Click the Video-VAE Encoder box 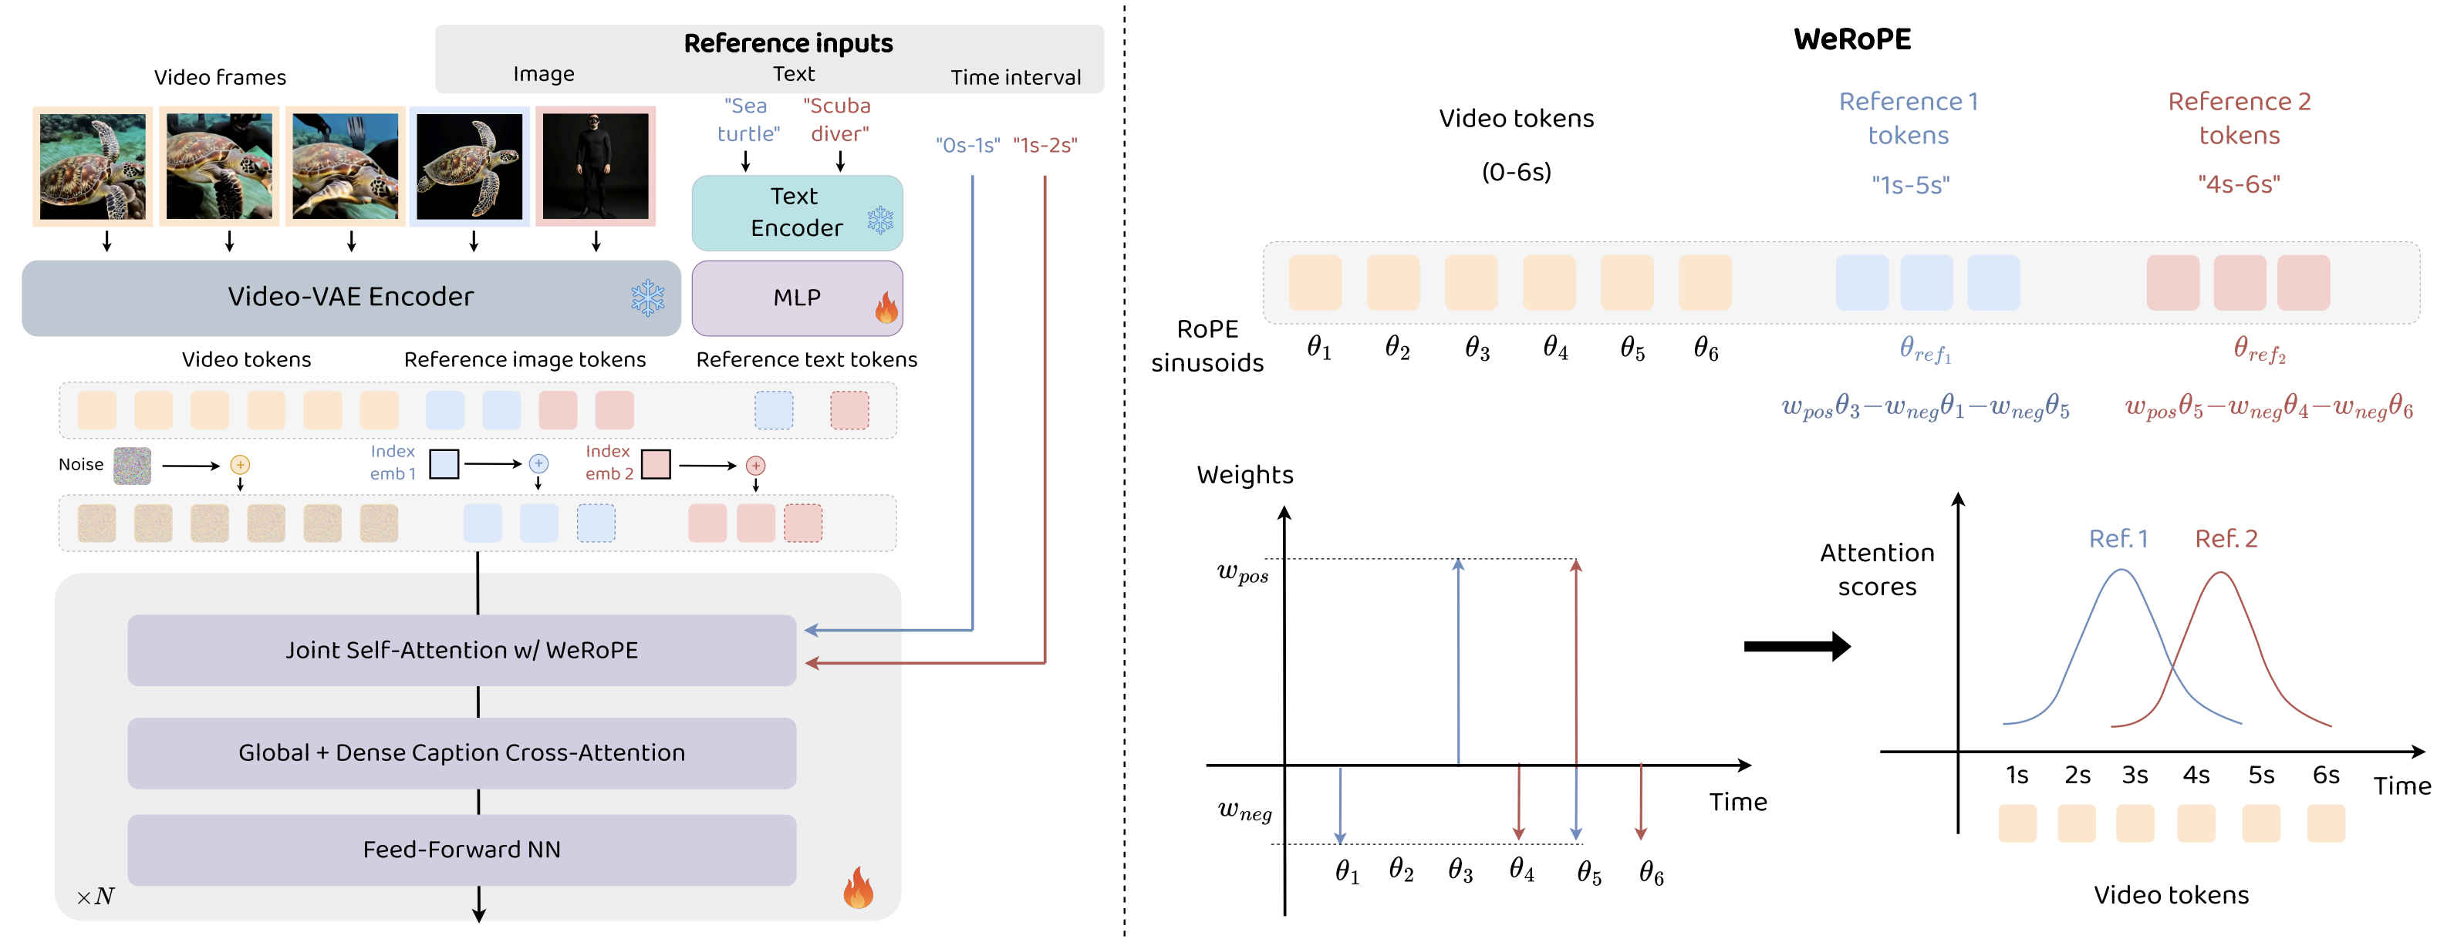[x=351, y=298]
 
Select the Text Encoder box [x=796, y=212]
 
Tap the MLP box [x=796, y=298]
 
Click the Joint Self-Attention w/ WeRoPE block [x=461, y=650]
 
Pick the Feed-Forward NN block [x=461, y=849]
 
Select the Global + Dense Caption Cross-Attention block [x=461, y=752]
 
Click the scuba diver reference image [x=595, y=167]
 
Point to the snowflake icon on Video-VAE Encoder [x=647, y=298]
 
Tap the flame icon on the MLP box [x=886, y=308]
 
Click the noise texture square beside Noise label [x=132, y=466]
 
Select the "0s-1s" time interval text [x=967, y=146]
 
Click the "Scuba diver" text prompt [x=838, y=119]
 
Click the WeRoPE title [x=1851, y=39]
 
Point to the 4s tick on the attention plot [x=2196, y=775]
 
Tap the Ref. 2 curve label [x=2226, y=540]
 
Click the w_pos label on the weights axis [x=1241, y=573]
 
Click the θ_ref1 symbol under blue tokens [x=1925, y=350]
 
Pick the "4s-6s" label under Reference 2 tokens [x=2238, y=184]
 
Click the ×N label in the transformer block [x=96, y=897]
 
